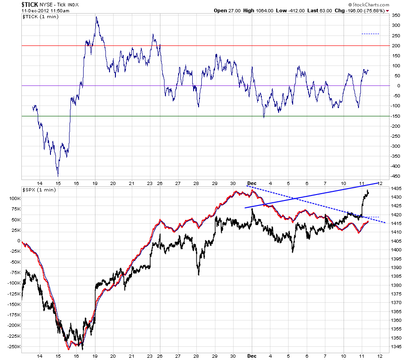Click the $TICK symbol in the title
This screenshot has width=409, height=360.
tap(30, 5)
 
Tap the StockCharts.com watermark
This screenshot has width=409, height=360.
tap(369, 5)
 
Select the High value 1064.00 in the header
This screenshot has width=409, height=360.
tap(264, 11)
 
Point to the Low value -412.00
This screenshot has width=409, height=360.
tap(296, 11)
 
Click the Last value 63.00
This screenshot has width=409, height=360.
tap(325, 11)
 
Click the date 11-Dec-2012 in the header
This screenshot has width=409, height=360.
tap(33, 11)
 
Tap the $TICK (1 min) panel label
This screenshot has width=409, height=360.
tap(40, 17)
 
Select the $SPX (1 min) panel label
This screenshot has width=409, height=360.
tap(39, 190)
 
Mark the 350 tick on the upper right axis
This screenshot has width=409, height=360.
tap(396, 15)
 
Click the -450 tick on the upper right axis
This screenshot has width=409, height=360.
tap(395, 176)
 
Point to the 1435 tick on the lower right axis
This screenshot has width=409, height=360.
tap(396, 188)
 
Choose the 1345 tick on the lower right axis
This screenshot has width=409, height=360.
tap(396, 347)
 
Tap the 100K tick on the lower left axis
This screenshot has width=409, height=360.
tap(15, 199)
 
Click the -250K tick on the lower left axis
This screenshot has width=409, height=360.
tap(14, 347)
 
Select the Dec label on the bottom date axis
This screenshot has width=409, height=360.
tap(252, 356)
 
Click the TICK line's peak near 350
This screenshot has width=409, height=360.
tap(96, 17)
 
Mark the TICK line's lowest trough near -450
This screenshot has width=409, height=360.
tap(58, 176)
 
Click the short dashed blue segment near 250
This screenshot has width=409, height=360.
tap(370, 34)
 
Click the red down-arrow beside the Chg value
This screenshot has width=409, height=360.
tap(387, 11)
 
